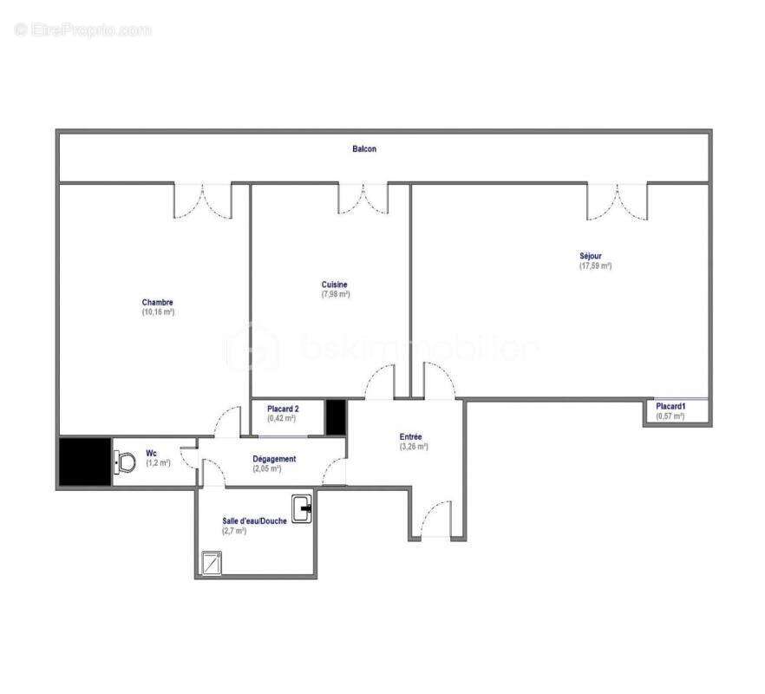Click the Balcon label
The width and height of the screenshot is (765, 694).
[x=364, y=149]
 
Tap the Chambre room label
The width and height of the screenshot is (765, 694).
[x=158, y=303]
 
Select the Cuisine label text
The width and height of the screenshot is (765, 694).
[x=335, y=285]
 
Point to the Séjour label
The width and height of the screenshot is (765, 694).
[x=591, y=256]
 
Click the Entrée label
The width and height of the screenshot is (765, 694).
[x=410, y=437]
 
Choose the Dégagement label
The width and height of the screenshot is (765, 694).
[x=274, y=459]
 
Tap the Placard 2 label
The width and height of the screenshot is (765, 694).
[x=283, y=408]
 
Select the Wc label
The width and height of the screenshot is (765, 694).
[x=152, y=453]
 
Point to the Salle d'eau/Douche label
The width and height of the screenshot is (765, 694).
[x=253, y=520]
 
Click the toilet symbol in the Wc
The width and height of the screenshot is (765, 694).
[x=125, y=462]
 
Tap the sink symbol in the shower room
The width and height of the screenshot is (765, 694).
[x=302, y=508]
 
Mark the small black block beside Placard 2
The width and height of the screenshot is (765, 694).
[x=336, y=416]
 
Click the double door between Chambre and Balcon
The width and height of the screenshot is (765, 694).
[x=203, y=200]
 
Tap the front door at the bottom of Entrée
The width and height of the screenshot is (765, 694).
[x=431, y=521]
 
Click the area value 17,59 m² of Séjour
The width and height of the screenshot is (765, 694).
[x=595, y=266]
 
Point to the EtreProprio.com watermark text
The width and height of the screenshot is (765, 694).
[x=83, y=30]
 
